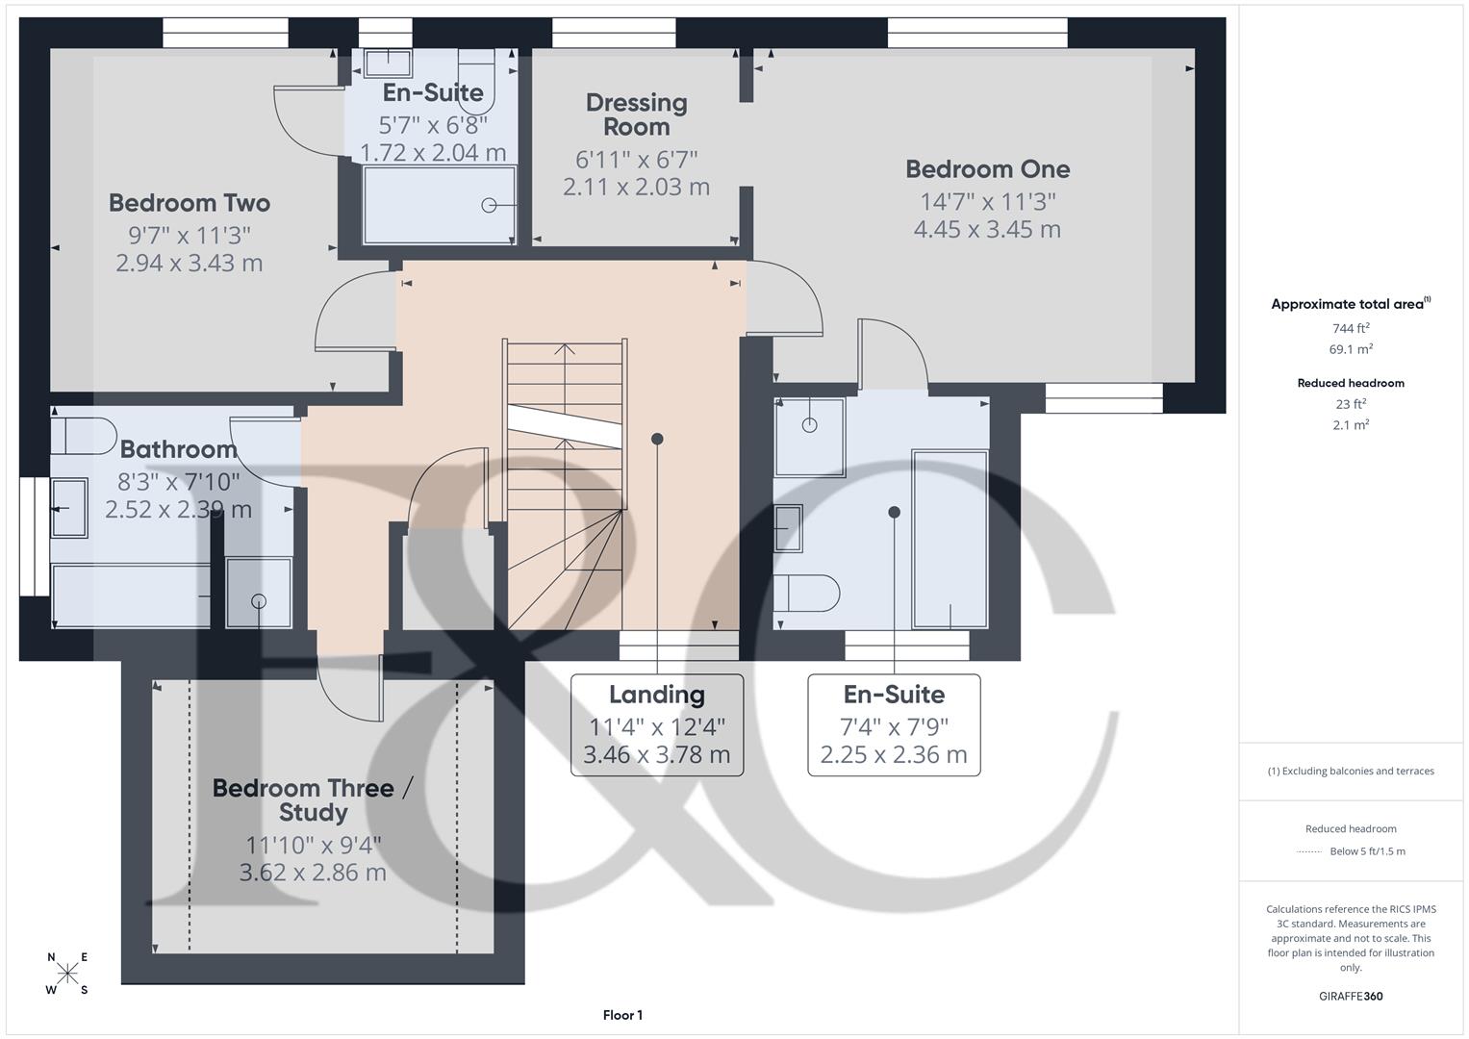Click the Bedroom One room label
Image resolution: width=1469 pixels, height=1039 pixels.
[987, 169]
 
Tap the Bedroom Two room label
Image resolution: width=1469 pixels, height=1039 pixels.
[190, 203]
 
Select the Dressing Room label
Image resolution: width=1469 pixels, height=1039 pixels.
[636, 114]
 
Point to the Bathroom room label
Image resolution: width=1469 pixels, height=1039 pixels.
[178, 449]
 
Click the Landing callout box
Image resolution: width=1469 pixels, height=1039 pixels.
[657, 724]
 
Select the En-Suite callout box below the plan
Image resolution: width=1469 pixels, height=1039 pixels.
[894, 724]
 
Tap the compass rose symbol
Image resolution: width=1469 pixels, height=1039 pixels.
[67, 974]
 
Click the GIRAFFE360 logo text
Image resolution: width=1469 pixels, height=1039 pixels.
[1351, 996]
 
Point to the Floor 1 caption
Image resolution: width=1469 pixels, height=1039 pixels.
[622, 1015]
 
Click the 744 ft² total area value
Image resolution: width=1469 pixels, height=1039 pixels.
[1351, 328]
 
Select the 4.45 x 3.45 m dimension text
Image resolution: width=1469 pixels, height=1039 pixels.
[987, 230]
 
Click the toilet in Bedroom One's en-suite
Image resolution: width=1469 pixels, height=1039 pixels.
[808, 594]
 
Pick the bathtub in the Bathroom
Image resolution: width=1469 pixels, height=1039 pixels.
[131, 596]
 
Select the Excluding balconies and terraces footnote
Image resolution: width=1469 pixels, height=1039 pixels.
[1351, 771]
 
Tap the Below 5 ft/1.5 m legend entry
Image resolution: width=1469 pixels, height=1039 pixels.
[1366, 851]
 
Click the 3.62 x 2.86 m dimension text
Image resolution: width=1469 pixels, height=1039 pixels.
[313, 873]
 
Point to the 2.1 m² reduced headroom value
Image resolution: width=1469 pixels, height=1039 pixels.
[1351, 424]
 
